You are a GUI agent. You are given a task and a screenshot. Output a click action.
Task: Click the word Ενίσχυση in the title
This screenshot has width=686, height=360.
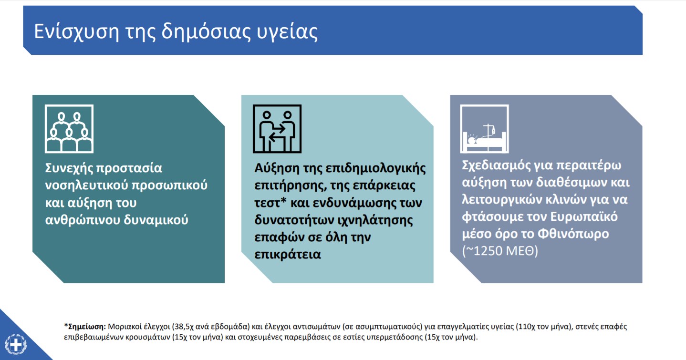(76, 31)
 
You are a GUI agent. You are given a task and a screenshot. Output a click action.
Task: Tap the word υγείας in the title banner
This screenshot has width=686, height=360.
(287, 32)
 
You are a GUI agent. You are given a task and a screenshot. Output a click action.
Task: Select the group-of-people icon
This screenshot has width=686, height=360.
(69, 129)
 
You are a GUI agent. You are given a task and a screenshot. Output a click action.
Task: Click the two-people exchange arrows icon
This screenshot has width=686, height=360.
(277, 129)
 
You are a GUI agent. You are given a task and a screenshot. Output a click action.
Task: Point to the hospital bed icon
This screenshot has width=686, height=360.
(485, 129)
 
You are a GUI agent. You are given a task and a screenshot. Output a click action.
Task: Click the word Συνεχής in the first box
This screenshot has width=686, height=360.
(68, 168)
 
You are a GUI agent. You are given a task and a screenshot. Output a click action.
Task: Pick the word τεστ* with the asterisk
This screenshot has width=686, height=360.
(270, 203)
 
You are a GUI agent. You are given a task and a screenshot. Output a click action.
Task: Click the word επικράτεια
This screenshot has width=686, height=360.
(288, 255)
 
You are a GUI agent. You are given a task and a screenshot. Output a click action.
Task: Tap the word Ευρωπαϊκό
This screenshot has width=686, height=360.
(584, 217)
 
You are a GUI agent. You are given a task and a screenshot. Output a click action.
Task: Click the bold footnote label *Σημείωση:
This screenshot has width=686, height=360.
(85, 327)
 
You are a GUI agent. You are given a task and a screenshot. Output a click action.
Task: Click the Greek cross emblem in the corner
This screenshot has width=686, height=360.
(16, 345)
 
